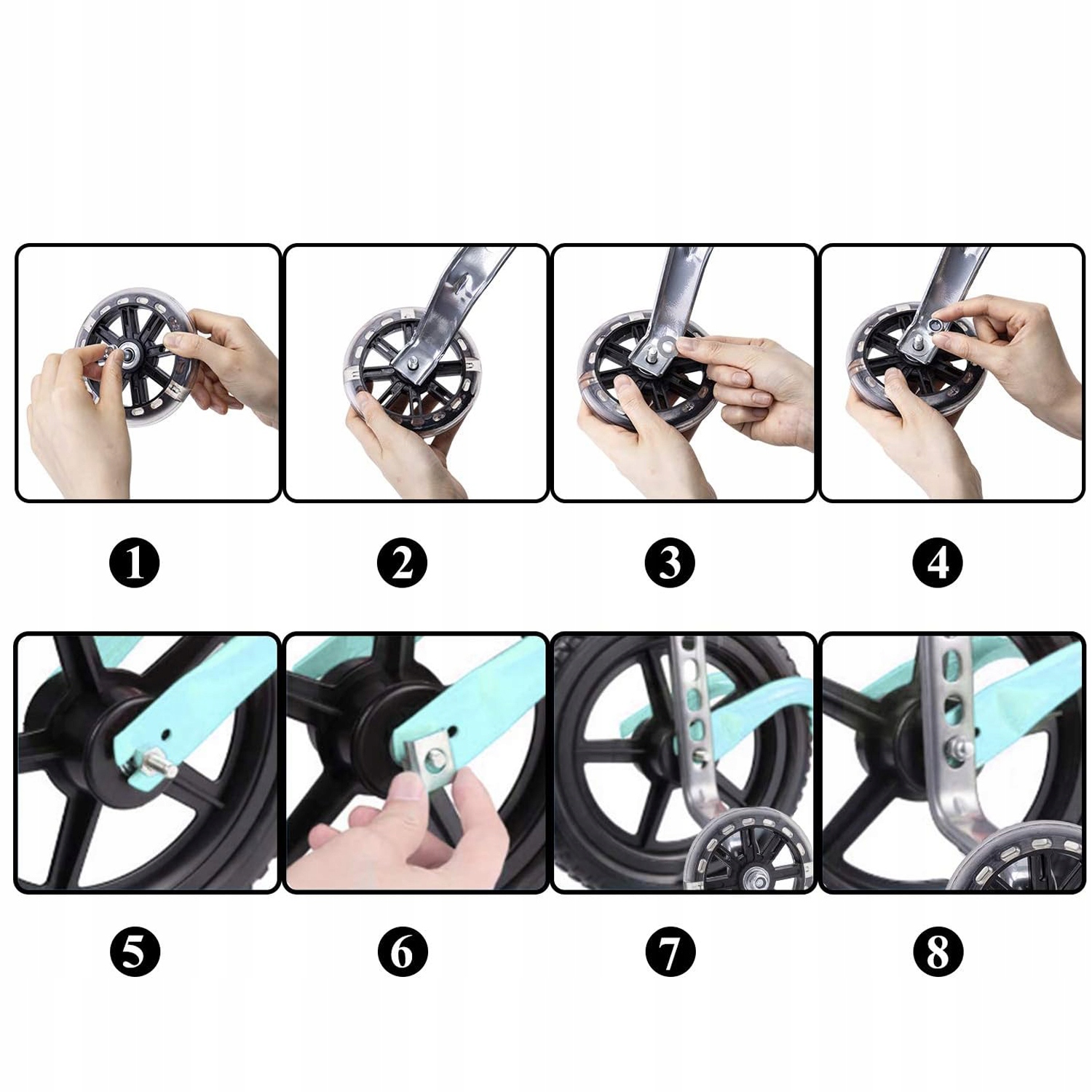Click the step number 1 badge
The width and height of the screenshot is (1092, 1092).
135,563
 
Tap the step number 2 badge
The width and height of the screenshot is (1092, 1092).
403,563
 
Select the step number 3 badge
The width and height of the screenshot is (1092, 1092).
670,563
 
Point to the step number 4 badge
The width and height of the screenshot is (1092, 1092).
938,563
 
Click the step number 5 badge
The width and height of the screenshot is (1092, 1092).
135,951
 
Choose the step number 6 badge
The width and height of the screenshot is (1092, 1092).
403,951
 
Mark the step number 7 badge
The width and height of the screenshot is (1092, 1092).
670,951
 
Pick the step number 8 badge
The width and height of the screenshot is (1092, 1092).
938,951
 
